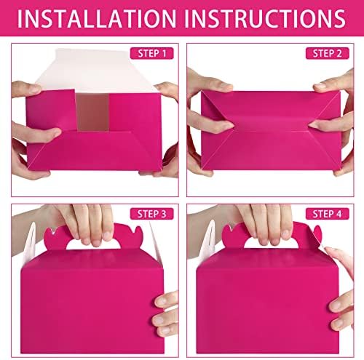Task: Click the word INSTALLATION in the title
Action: click(97, 19)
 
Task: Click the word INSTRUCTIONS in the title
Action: click(265, 19)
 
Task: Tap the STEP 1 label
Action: click(152, 53)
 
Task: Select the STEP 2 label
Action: click(327, 53)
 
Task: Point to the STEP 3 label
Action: click(151, 214)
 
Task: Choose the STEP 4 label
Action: click(327, 214)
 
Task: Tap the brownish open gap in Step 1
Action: click(92, 112)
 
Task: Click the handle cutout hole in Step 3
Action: click(93, 244)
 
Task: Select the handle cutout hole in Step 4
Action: click(271, 244)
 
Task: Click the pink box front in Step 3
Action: click(92, 303)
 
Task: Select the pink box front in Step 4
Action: click(267, 303)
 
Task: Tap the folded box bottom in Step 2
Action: click(271, 130)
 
